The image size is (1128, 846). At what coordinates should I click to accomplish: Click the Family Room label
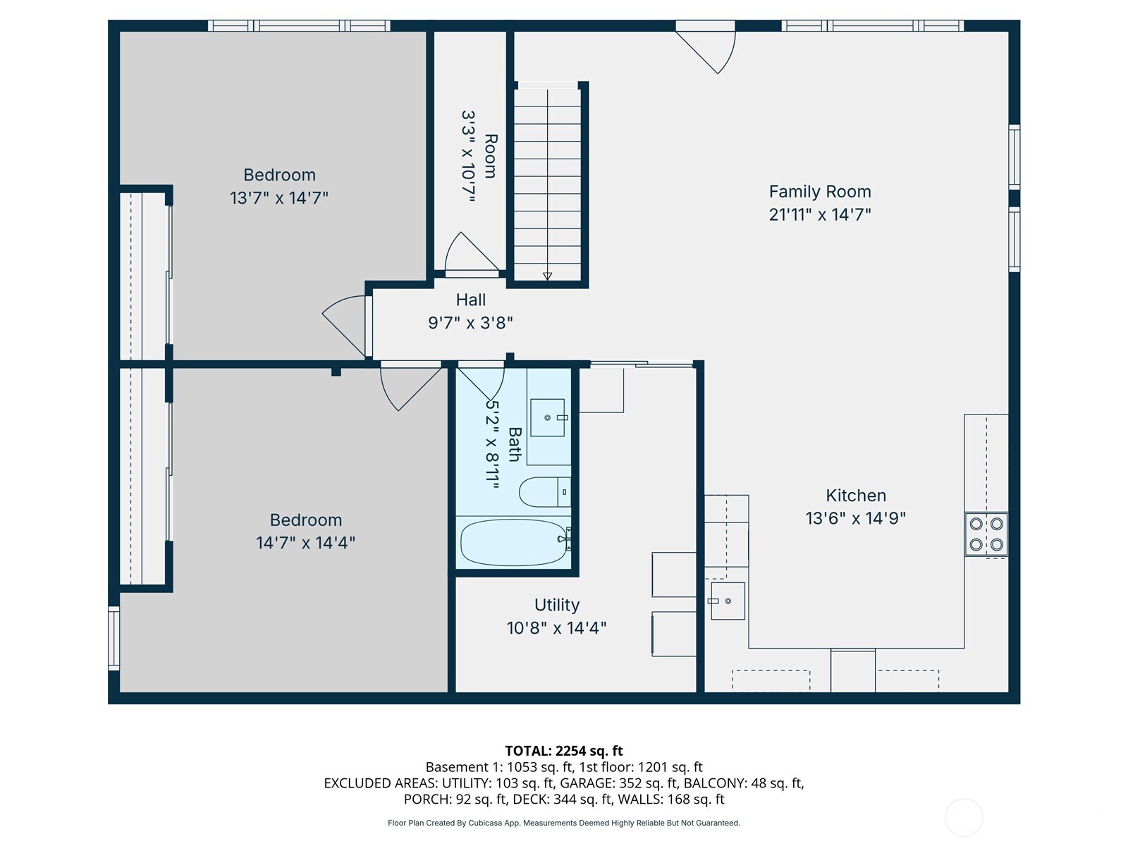[819, 192]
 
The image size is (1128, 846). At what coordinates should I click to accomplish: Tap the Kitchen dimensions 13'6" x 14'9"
[855, 518]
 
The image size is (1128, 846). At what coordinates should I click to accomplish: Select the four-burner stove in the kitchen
[986, 534]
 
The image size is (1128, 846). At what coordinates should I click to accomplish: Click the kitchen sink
[728, 601]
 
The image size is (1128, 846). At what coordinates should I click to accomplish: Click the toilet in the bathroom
[543, 492]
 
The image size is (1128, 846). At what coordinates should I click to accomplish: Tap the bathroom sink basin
[547, 417]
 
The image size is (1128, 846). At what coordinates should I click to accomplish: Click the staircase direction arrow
[547, 276]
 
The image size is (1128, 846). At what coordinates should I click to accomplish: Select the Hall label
[470, 300]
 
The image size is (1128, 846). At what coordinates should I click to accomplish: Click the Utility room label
[556, 605]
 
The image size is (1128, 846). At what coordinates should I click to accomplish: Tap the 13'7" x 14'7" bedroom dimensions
[279, 198]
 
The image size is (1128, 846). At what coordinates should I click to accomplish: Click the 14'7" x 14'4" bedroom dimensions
[305, 543]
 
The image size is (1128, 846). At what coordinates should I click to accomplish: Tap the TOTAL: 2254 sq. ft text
[563, 751]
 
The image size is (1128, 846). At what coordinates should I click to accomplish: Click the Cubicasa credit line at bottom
[563, 823]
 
